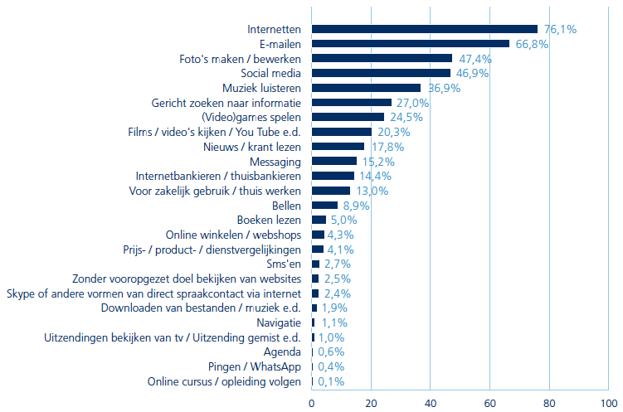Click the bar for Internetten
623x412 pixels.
pyautogui.click(x=425, y=29)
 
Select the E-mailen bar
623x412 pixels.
pyautogui.click(x=411, y=44)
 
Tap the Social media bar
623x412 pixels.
pyautogui.click(x=381, y=73)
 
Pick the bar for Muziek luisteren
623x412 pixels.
pyautogui.click(x=366, y=88)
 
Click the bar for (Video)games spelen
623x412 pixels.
pyautogui.click(x=348, y=117)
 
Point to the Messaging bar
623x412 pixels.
pyautogui.click(x=334, y=161)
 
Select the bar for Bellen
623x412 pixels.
pyautogui.click(x=324, y=206)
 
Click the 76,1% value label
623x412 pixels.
pyautogui.click(x=560, y=29)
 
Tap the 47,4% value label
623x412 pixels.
pyautogui.click(x=475, y=59)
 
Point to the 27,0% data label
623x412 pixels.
pyautogui.click(x=413, y=103)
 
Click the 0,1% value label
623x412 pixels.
pyautogui.click(x=329, y=382)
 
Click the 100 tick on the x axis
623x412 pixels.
pyautogui.click(x=608, y=404)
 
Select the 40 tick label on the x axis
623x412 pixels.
pyautogui.click(x=430, y=404)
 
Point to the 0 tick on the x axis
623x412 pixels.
pyautogui.click(x=312, y=404)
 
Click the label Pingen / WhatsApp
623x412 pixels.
pyautogui.click(x=254, y=367)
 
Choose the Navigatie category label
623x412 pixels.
pyautogui.click(x=276, y=322)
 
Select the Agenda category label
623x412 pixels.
pyautogui.click(x=282, y=352)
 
